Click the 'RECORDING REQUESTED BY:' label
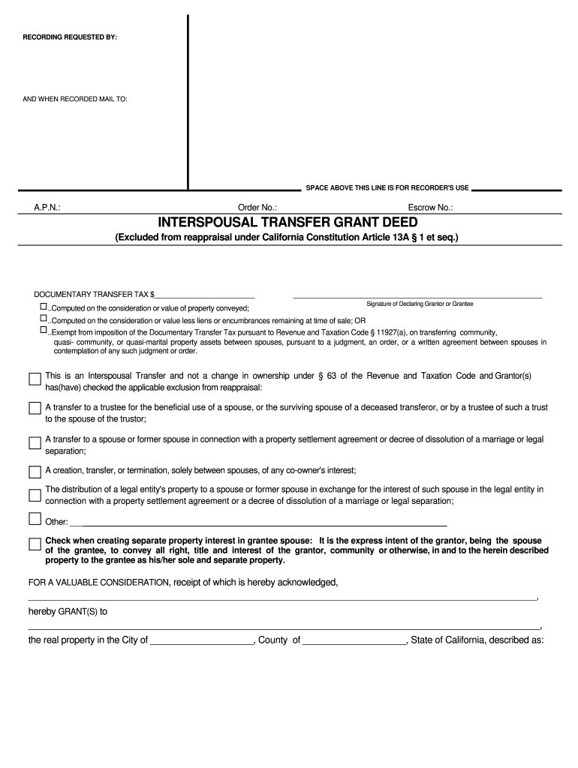[70, 37]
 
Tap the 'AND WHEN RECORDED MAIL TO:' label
[75, 99]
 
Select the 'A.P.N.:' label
[47, 207]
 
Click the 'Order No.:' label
[257, 207]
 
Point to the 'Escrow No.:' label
[430, 207]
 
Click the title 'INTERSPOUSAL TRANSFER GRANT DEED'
[287, 223]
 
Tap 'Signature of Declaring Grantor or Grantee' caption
[420, 304]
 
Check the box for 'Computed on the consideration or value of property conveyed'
[43, 307]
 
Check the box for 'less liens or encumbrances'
[43, 319]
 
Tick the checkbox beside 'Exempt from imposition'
[43, 330]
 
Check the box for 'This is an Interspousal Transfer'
[35, 379]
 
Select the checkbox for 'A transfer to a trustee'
[35, 408]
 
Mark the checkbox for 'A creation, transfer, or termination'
[35, 472]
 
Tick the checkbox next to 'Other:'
[35, 519]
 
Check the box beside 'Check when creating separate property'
[35, 544]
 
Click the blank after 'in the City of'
[202, 640]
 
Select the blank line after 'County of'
[354, 640]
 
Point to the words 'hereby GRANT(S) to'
[68, 611]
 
